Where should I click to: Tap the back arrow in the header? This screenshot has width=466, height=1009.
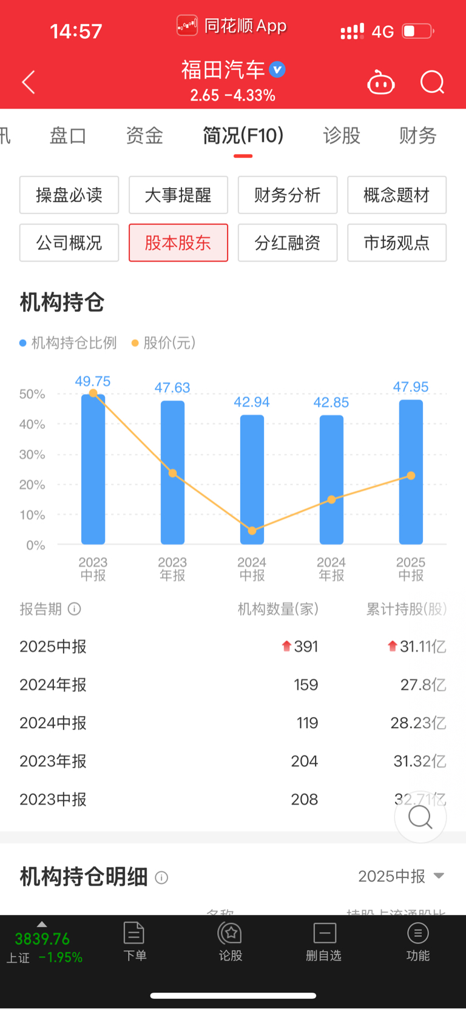(x=29, y=83)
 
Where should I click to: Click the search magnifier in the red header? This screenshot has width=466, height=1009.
(x=432, y=82)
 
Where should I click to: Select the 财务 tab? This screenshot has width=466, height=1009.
(x=417, y=135)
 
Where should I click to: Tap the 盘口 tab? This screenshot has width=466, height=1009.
(x=68, y=135)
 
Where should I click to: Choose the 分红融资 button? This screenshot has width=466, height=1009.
(x=287, y=243)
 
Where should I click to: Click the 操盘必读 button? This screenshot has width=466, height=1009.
(x=69, y=195)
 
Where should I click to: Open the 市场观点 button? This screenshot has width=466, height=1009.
(x=396, y=243)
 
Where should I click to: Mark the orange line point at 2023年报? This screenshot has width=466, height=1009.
(x=172, y=473)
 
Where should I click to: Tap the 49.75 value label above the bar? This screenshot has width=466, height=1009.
(x=93, y=381)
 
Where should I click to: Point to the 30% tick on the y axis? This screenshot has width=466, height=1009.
(x=32, y=454)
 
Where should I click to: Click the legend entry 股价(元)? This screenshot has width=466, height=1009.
(x=164, y=343)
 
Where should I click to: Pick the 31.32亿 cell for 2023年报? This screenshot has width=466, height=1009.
(x=419, y=761)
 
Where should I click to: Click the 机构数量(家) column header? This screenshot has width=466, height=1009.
(x=278, y=609)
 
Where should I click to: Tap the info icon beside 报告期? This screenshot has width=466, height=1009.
(x=75, y=609)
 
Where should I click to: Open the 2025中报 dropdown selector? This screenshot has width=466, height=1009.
(x=401, y=876)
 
